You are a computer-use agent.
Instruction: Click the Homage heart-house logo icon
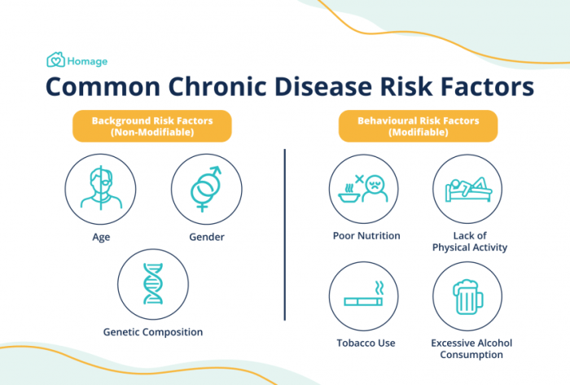point(55,59)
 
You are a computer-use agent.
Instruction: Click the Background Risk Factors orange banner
point(152,126)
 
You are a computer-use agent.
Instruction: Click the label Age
point(101,238)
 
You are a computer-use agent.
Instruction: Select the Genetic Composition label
point(153,332)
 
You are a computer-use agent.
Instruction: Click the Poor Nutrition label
point(366,236)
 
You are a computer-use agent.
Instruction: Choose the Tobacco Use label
point(366,343)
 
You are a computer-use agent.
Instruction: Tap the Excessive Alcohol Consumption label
point(471,348)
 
